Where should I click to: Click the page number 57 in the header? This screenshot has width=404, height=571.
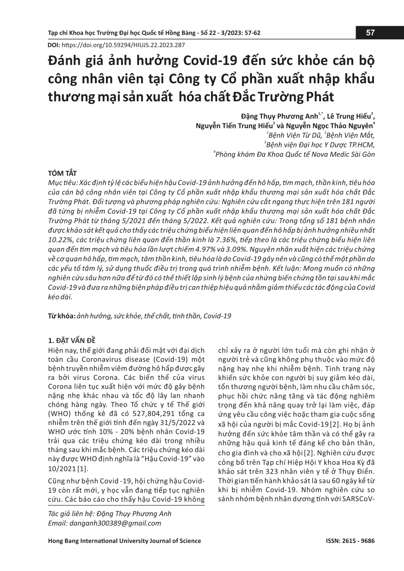pyautogui.click(x=370, y=33)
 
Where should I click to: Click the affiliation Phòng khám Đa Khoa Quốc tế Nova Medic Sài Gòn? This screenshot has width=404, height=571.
pyautogui.click(x=295, y=154)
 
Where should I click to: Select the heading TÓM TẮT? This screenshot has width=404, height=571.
pyautogui.click(x=63, y=173)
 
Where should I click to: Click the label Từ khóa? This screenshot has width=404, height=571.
pyautogui.click(x=62, y=316)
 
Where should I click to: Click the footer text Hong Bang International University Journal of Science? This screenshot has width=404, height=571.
pyautogui.click(x=125, y=541)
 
